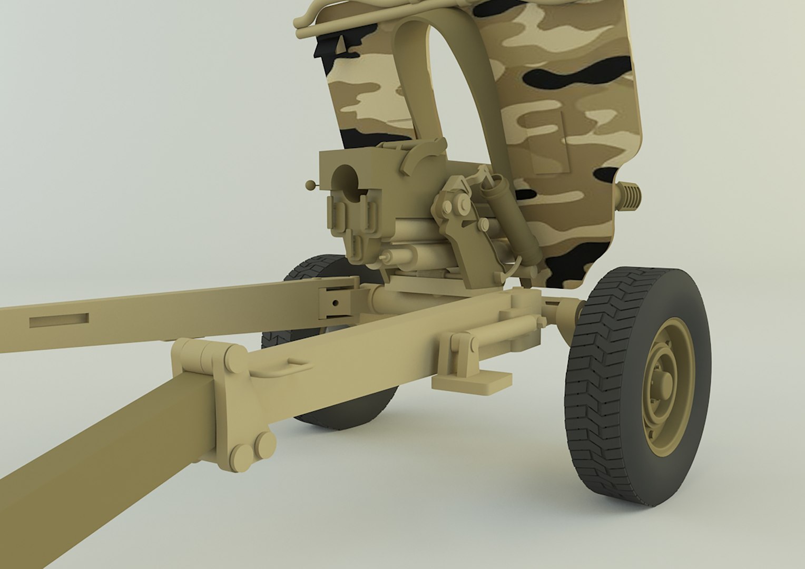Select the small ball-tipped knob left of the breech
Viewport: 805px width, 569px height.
[310, 184]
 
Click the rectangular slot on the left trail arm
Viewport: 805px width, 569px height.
[58, 319]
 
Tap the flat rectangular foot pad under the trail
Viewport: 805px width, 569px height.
[471, 381]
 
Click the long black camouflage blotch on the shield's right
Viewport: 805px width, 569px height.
[580, 74]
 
